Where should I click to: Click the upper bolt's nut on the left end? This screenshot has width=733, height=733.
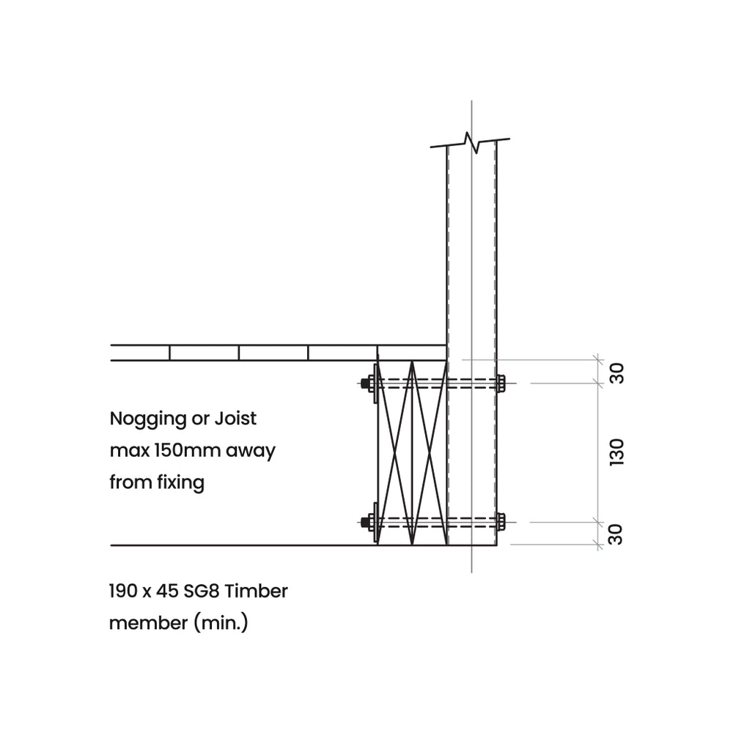(365, 383)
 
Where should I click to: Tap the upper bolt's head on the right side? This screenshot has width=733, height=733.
(501, 383)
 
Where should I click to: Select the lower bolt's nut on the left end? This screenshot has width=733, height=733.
(365, 522)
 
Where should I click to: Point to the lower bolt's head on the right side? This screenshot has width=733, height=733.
(501, 522)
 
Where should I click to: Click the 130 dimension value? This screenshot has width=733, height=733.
(616, 452)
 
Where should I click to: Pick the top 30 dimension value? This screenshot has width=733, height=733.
(616, 372)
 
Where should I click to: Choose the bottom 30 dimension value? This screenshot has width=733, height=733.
(616, 534)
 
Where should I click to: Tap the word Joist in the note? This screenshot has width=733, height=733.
(235, 419)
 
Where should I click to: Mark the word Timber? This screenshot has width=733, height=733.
(262, 591)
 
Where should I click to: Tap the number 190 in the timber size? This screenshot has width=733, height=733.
(122, 591)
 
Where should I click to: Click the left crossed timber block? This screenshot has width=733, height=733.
(394, 453)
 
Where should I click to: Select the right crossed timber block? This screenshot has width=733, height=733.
(430, 453)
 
